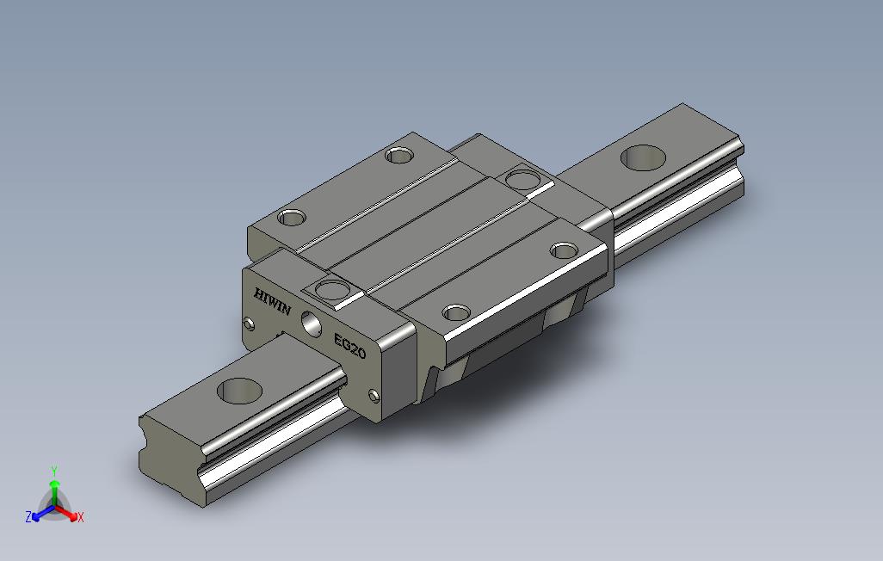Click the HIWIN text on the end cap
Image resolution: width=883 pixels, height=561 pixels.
tap(273, 301)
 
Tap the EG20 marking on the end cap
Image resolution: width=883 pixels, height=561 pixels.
tap(349, 346)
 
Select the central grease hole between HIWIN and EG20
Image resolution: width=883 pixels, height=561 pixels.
tap(312, 324)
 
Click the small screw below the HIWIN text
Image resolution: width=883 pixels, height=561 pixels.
tap(249, 324)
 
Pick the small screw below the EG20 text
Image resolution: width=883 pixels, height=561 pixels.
tap(374, 396)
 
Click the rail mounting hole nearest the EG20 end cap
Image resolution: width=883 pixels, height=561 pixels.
tap(239, 391)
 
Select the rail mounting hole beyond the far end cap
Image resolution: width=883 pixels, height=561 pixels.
tap(643, 157)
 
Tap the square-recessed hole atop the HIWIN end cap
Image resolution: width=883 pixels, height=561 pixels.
tap(333, 291)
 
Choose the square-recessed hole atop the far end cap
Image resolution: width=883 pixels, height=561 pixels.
tap(523, 180)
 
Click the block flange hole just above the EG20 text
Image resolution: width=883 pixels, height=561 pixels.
tap(456, 312)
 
